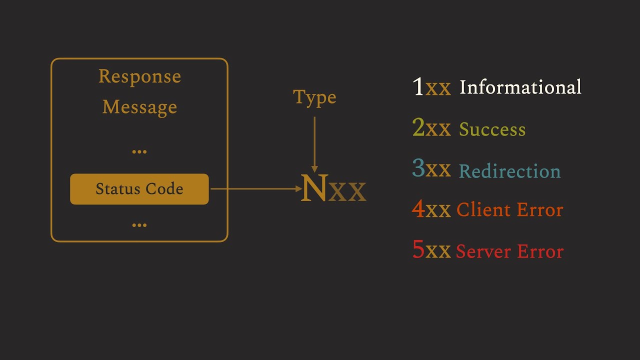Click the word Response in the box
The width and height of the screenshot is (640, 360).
coord(139,76)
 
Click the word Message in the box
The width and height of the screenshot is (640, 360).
coord(139,106)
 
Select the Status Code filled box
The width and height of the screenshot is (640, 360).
coord(139,189)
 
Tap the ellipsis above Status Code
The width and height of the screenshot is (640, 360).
coord(139,151)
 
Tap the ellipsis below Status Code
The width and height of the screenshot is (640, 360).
coord(139,225)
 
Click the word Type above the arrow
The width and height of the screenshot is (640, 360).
coord(314,97)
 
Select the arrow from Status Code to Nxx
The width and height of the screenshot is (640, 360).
coord(255,189)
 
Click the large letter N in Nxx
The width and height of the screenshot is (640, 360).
coord(314,188)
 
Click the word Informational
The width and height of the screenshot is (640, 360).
coord(520,87)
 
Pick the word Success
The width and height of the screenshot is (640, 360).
coord(492,129)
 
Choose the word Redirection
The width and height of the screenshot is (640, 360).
coord(509,171)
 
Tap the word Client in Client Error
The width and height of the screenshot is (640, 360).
coord(484,210)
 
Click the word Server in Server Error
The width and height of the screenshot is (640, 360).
coord(483,251)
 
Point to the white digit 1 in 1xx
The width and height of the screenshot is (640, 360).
coord(418,87)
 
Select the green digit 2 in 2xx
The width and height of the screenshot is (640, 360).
coord(418,128)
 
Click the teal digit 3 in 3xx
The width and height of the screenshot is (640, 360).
coord(418,169)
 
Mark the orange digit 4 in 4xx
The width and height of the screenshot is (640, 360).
coord(418,209)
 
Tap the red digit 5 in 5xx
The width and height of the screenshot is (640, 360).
coord(418,250)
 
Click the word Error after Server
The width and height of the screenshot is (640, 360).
coord(540,251)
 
